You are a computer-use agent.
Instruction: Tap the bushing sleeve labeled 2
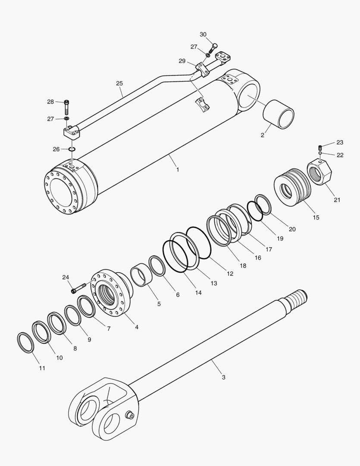279,114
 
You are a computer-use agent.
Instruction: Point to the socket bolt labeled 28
67,106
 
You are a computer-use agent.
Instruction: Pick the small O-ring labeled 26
72,149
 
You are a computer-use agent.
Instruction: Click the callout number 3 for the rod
223,377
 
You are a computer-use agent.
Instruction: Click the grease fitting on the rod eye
128,415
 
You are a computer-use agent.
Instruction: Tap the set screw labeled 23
320,146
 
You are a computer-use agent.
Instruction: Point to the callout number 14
198,293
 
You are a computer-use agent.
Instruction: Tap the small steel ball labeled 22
320,153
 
